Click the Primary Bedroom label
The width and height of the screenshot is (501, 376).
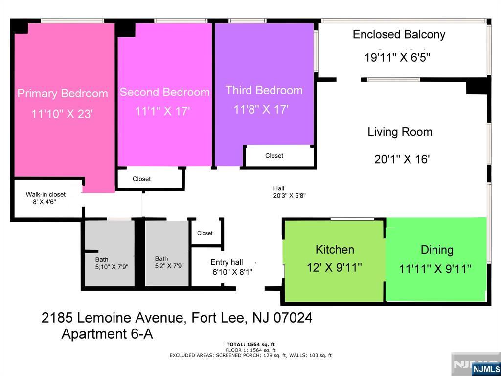pos(63,94)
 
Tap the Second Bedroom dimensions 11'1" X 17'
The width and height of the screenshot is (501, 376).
pos(162,112)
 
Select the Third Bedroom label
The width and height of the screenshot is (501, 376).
pos(264,90)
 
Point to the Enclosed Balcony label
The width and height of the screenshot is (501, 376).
pos(399,35)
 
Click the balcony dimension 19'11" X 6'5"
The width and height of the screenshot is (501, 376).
pos(397,58)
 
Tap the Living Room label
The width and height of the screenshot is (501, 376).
pos(400,132)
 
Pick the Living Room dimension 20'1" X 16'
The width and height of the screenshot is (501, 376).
pos(402,159)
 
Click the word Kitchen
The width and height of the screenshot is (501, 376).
pos(335,249)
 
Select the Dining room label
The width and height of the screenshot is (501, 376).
pos(437,250)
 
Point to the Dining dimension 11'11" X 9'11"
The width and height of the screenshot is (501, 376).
pos(435,269)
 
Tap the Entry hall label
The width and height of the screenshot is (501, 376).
pos(227,262)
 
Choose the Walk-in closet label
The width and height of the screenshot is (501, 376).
pos(46,194)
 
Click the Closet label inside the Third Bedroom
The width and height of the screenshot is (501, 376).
pos(274,156)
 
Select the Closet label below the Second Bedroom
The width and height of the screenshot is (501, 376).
pos(141,179)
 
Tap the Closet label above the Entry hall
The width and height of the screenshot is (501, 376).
pos(205,233)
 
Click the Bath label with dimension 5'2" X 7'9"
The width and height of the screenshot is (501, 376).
pos(161,258)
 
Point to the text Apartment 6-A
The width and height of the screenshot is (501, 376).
pos(107,334)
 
